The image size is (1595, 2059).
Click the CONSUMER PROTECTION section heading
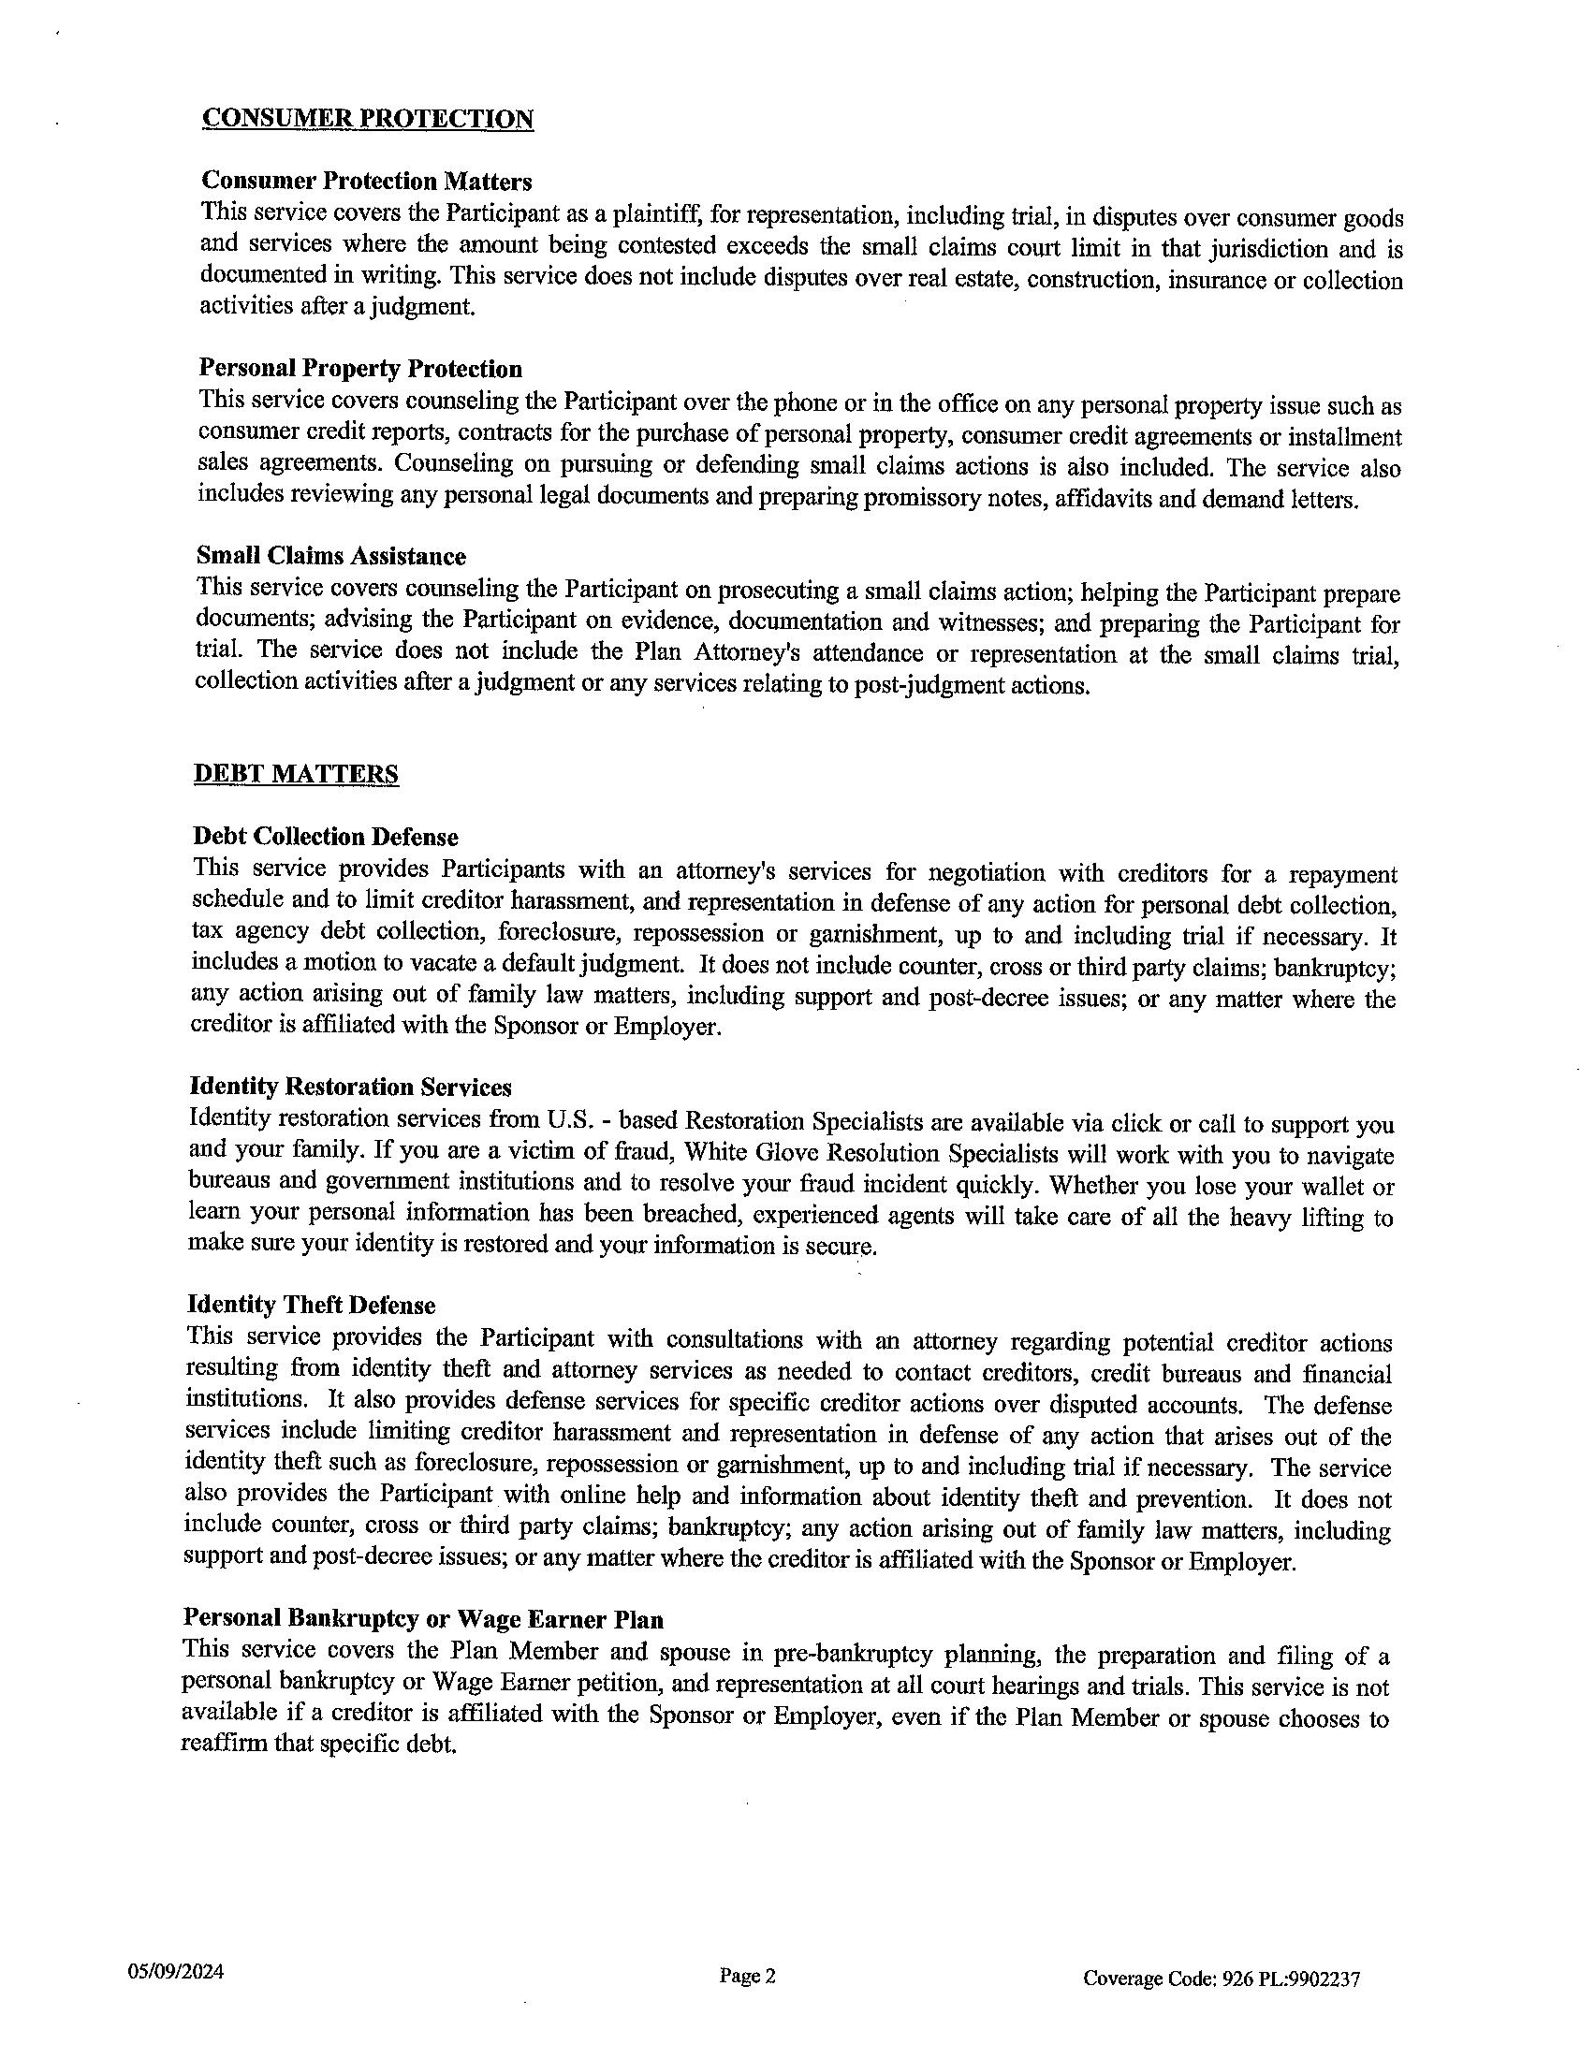(x=368, y=119)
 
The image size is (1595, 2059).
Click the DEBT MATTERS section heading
(x=295, y=774)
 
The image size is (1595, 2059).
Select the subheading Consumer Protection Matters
(x=367, y=180)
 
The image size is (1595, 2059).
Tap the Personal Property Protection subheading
(x=360, y=368)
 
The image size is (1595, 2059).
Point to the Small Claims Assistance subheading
(x=330, y=555)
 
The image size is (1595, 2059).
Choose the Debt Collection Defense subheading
(x=325, y=836)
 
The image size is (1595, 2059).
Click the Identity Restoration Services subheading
(x=350, y=1087)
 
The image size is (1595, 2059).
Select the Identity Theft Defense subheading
(x=311, y=1306)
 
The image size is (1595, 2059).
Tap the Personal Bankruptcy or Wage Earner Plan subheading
(x=422, y=1619)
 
